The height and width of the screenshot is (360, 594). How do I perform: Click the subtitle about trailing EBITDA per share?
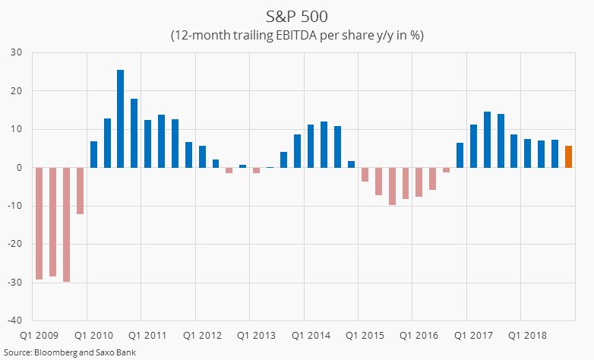pyautogui.click(x=296, y=35)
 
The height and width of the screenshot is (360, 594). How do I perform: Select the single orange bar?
pyautogui.click(x=568, y=156)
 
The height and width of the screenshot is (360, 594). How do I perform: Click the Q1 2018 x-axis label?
pyautogui.click(x=527, y=335)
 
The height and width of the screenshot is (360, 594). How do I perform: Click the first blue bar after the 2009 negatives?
pyautogui.click(x=93, y=154)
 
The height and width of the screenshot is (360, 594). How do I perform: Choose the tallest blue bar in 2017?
pyautogui.click(x=487, y=140)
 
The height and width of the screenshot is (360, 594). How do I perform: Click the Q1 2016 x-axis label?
pyautogui.click(x=419, y=335)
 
